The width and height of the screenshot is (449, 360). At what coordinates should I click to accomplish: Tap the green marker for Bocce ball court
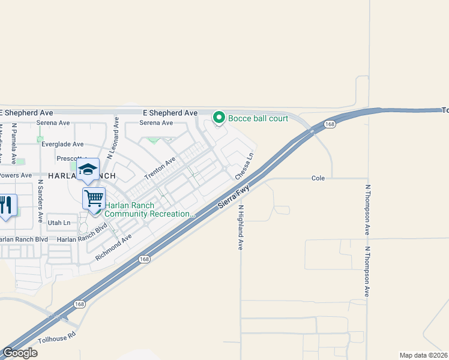(x=220, y=118)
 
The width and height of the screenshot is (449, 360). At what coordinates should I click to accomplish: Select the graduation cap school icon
(x=88, y=170)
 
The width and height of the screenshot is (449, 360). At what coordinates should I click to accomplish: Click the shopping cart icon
(x=94, y=197)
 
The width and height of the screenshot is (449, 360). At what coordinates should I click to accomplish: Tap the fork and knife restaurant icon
(x=6, y=205)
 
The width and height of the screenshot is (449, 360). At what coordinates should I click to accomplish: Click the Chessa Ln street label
(x=244, y=166)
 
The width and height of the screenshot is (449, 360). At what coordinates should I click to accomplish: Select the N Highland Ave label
(x=240, y=227)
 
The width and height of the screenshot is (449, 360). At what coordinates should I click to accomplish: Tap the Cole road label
(x=318, y=178)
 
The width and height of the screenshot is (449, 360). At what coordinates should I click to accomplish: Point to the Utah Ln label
(x=58, y=223)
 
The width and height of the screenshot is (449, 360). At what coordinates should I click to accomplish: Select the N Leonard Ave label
(x=113, y=138)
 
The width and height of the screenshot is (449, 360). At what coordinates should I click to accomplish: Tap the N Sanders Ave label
(x=40, y=197)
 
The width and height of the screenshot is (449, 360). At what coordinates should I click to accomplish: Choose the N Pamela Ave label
(x=13, y=144)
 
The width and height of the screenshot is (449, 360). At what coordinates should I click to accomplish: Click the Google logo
(x=20, y=353)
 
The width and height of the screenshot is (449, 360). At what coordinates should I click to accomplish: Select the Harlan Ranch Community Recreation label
(x=150, y=209)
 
